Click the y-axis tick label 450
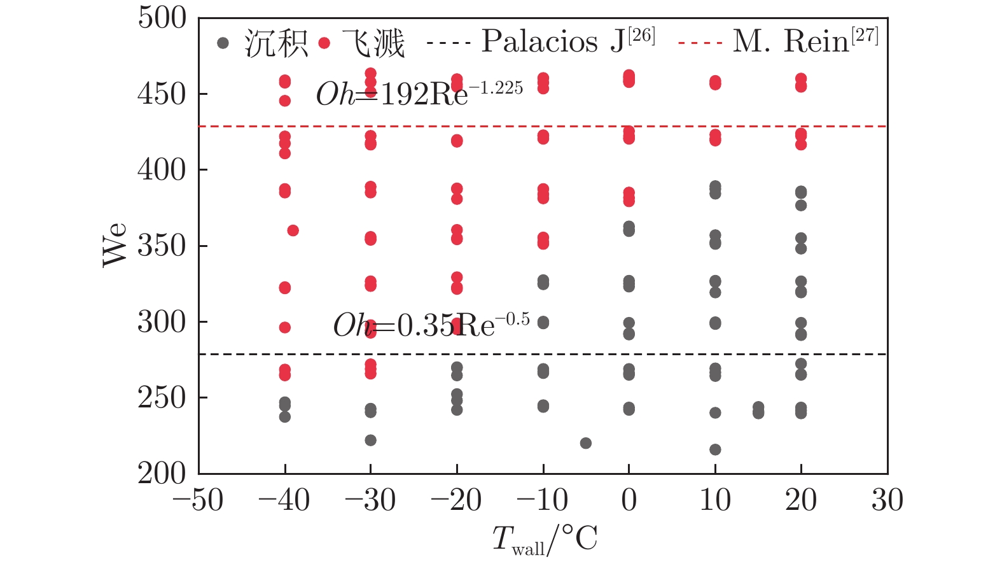pyautogui.click(x=162, y=94)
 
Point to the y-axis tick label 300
pyautogui.click(x=162, y=322)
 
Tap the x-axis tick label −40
pyautogui.click(x=284, y=500)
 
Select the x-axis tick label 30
pyautogui.click(x=887, y=500)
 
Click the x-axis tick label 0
pyautogui.click(x=629, y=500)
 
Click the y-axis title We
pyautogui.click(x=115, y=245)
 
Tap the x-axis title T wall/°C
pyautogui.click(x=545, y=539)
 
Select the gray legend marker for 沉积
pyautogui.click(x=223, y=43)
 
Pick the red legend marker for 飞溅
pyautogui.click(x=324, y=43)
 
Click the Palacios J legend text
pyautogui.click(x=567, y=41)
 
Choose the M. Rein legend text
pyautogui.click(x=805, y=41)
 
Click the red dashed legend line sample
pyautogui.click(x=700, y=43)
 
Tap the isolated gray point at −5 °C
pyautogui.click(x=586, y=443)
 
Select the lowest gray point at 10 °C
pyautogui.click(x=715, y=449)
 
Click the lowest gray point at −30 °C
pyautogui.click(x=370, y=441)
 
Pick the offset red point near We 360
pyautogui.click(x=293, y=230)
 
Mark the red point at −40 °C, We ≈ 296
pyautogui.click(x=285, y=328)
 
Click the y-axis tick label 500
pyautogui.click(x=162, y=18)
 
